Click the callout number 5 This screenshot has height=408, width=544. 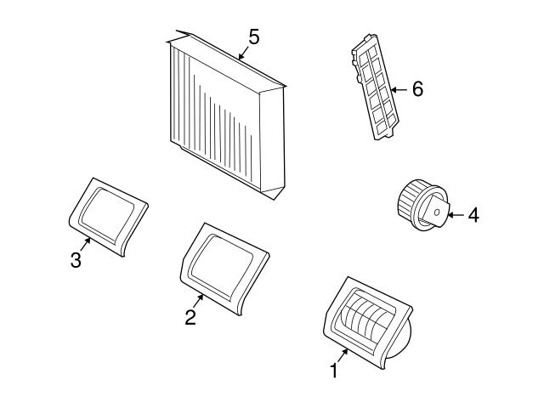[254, 37]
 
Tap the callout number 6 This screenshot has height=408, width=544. [417, 88]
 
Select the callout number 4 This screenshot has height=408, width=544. [473, 215]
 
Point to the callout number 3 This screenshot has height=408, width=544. [76, 260]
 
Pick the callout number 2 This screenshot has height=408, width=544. [190, 317]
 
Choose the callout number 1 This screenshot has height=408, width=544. [334, 371]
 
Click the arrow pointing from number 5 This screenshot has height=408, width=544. [244, 52]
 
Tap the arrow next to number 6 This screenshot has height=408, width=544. [399, 90]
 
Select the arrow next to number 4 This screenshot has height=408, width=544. [456, 215]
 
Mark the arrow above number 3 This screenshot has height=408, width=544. [85, 244]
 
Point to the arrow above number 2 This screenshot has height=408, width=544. [198, 301]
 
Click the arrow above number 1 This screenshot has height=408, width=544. [342, 355]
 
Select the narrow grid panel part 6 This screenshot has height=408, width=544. [375, 87]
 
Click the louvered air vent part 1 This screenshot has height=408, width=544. [368, 323]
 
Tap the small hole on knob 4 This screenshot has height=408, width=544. [437, 212]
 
